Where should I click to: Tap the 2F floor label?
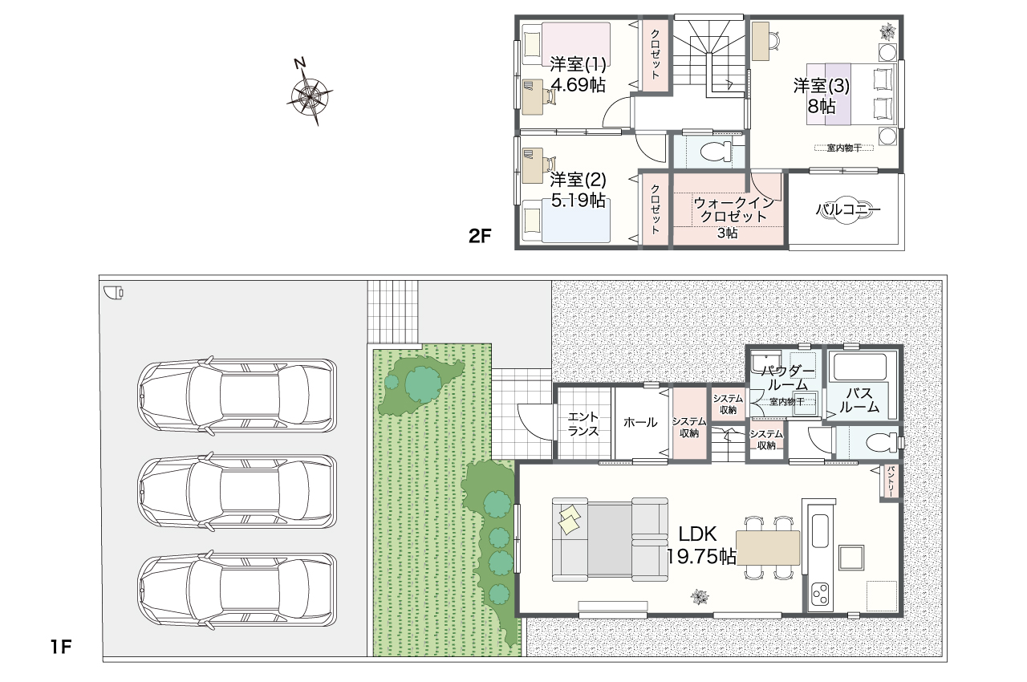click(480, 236)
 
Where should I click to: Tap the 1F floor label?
click(60, 647)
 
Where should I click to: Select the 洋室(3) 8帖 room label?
click(821, 95)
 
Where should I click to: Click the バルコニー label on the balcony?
click(848, 209)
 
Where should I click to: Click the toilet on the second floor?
click(716, 151)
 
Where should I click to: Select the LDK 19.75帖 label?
click(700, 546)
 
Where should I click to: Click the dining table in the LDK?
click(768, 548)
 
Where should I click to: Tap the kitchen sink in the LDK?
click(820, 530)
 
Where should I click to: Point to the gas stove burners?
click(820, 594)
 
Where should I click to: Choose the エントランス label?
click(583, 424)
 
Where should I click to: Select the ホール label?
click(640, 422)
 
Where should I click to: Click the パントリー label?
click(891, 481)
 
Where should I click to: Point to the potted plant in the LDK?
click(700, 597)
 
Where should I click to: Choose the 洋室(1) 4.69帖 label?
click(578, 75)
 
